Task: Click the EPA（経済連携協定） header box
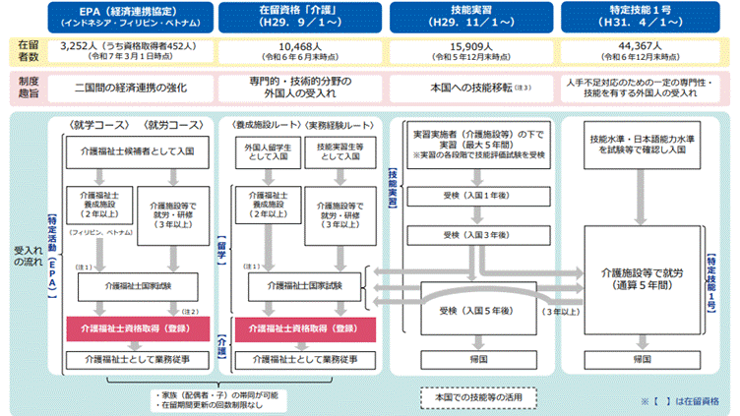click(123, 17)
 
